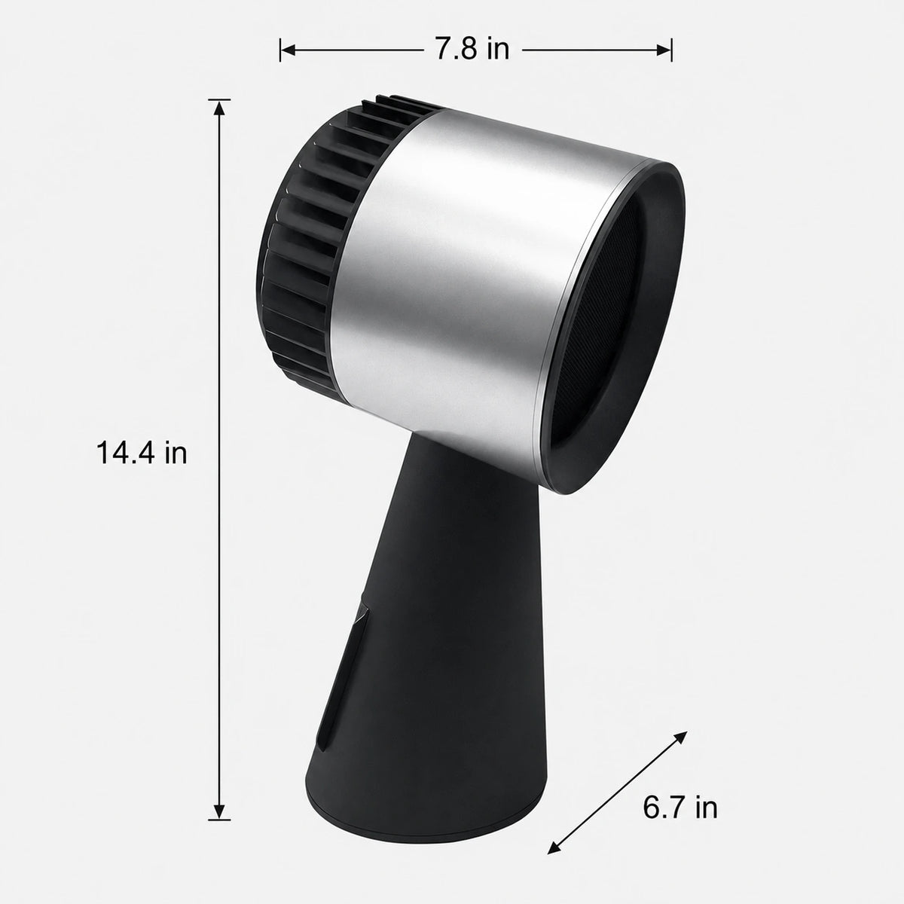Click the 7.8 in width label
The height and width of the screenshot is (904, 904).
(472, 49)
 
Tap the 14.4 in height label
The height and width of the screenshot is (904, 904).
(142, 454)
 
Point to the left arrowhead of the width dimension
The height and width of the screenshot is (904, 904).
(288, 50)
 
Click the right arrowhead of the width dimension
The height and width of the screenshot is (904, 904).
(664, 50)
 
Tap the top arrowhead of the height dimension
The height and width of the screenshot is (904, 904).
(218, 108)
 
